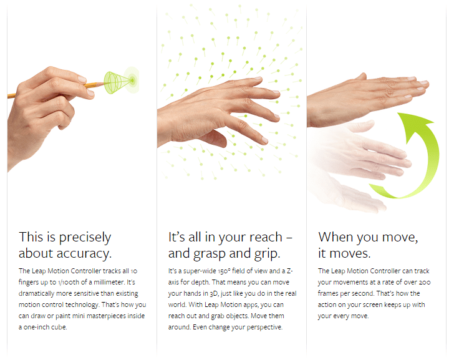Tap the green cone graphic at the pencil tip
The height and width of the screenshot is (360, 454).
tap(118, 82)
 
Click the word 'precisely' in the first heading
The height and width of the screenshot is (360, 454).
tap(85, 238)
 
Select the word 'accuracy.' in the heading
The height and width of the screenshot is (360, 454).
tap(84, 254)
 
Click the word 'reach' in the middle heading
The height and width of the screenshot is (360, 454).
tap(266, 237)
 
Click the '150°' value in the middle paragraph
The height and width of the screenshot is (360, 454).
tap(224, 271)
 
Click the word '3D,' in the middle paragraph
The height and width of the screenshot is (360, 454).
tap(214, 294)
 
